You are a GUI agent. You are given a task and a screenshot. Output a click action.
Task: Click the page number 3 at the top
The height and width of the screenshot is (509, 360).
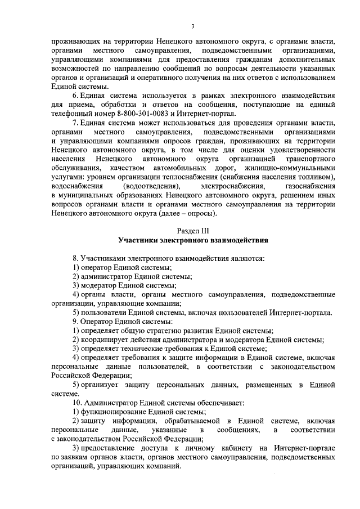pos(192,26)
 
